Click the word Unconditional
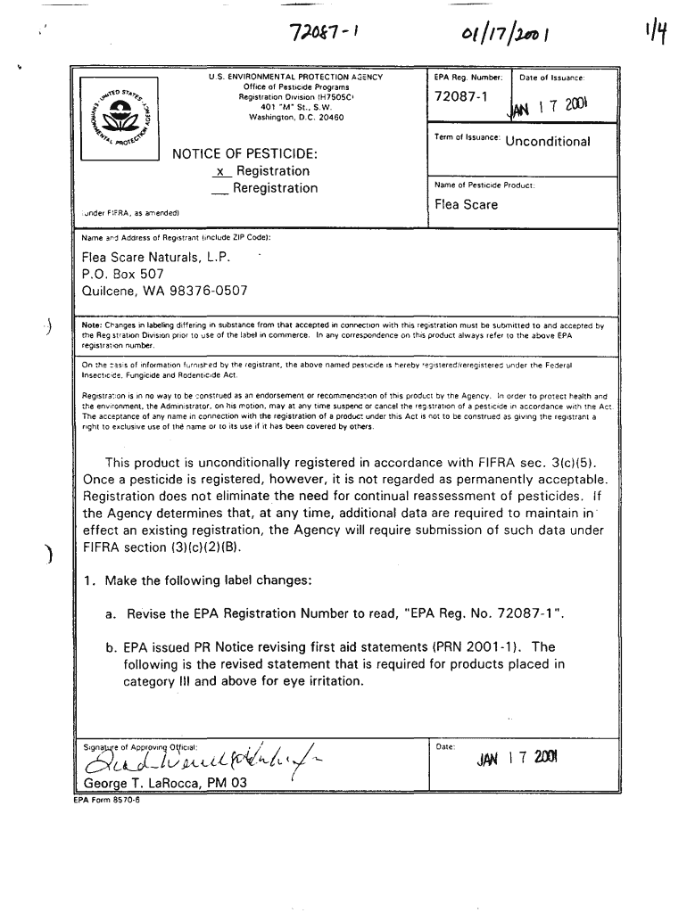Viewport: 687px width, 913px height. coord(547,142)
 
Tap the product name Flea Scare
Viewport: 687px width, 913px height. coord(466,204)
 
